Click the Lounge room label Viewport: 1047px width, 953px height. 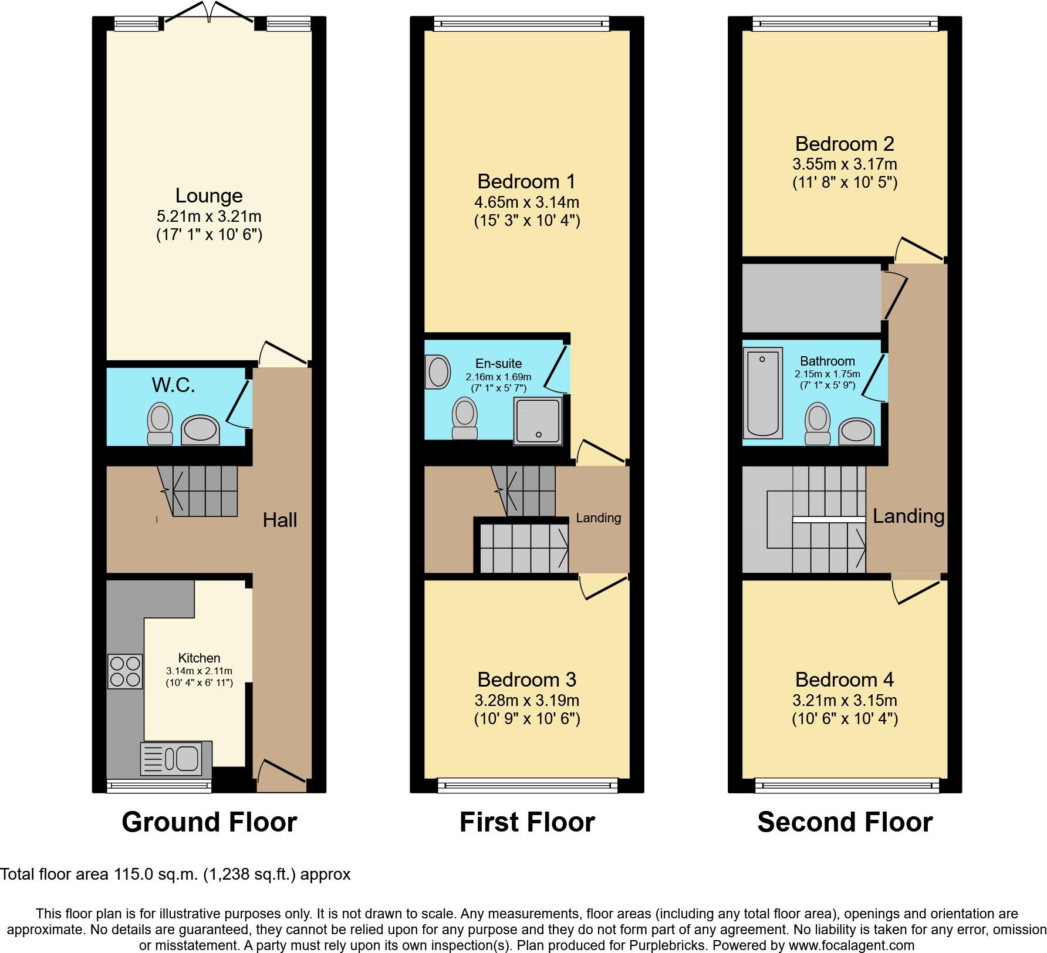[209, 196]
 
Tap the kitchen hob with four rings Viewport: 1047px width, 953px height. [125, 671]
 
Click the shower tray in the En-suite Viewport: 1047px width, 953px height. [538, 420]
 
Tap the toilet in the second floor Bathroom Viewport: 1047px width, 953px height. [818, 424]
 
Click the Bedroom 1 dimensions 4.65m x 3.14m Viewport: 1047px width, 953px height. [526, 202]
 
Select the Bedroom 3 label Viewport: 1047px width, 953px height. [526, 680]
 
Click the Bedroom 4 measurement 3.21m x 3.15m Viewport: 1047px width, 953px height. [845, 700]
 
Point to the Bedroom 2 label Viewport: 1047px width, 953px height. [845, 144]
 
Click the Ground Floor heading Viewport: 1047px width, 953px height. [209, 822]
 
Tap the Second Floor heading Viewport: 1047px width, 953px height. [845, 822]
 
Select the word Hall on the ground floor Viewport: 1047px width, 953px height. [279, 520]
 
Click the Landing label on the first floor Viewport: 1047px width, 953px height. [598, 518]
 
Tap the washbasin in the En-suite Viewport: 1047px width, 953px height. [438, 371]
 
